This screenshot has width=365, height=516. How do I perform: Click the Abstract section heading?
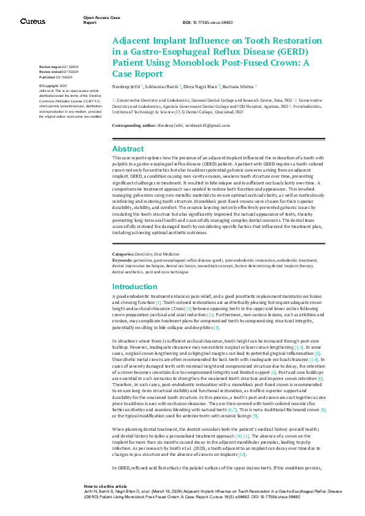pos(128,149)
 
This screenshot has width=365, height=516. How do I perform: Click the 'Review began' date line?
pos(58,66)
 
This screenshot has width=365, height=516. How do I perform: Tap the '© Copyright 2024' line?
pos(53,86)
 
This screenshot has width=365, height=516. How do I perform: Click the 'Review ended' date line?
pos(58,72)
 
